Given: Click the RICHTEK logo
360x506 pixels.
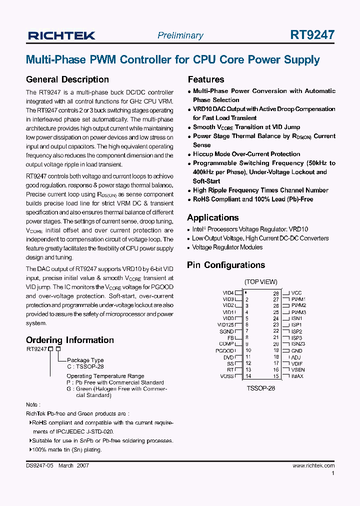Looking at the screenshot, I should point(61,35).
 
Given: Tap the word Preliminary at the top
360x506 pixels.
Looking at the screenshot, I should point(180,35).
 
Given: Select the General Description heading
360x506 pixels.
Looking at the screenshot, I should point(67,79).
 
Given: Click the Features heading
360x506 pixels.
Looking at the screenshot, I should point(206,79).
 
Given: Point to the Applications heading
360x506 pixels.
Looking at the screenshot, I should point(212,217).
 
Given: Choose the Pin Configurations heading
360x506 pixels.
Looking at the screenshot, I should point(226,265).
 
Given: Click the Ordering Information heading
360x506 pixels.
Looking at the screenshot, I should point(70,340).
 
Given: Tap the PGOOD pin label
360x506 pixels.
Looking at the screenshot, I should point(224,350).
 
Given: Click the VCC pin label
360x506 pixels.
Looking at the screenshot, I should point(296,293).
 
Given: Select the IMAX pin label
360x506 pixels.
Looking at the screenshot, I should point(297,376).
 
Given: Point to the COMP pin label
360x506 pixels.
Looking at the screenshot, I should point(226,344).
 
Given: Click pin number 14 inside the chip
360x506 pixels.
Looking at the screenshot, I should point(248,376).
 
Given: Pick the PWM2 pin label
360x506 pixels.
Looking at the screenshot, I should point(298,305).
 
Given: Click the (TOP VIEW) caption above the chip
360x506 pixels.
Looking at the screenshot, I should point(260,282).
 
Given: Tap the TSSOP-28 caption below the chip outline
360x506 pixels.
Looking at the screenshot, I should point(260,387).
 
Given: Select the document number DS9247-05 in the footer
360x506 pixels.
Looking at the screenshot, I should point(39,465).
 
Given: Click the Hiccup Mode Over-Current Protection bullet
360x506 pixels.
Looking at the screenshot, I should point(246,154).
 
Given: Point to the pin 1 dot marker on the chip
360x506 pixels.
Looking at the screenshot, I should point(245,292).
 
